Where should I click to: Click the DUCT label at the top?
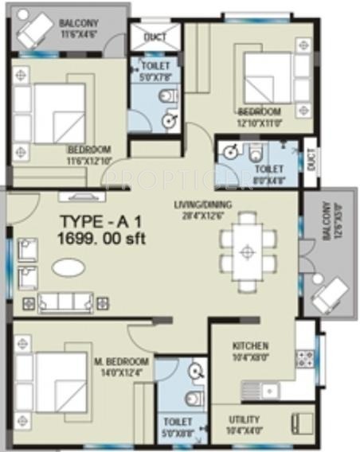pos(155,37)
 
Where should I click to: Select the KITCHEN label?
pos(250,346)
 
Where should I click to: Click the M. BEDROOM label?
pos(116,361)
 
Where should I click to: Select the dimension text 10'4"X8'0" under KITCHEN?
pos(250,359)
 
